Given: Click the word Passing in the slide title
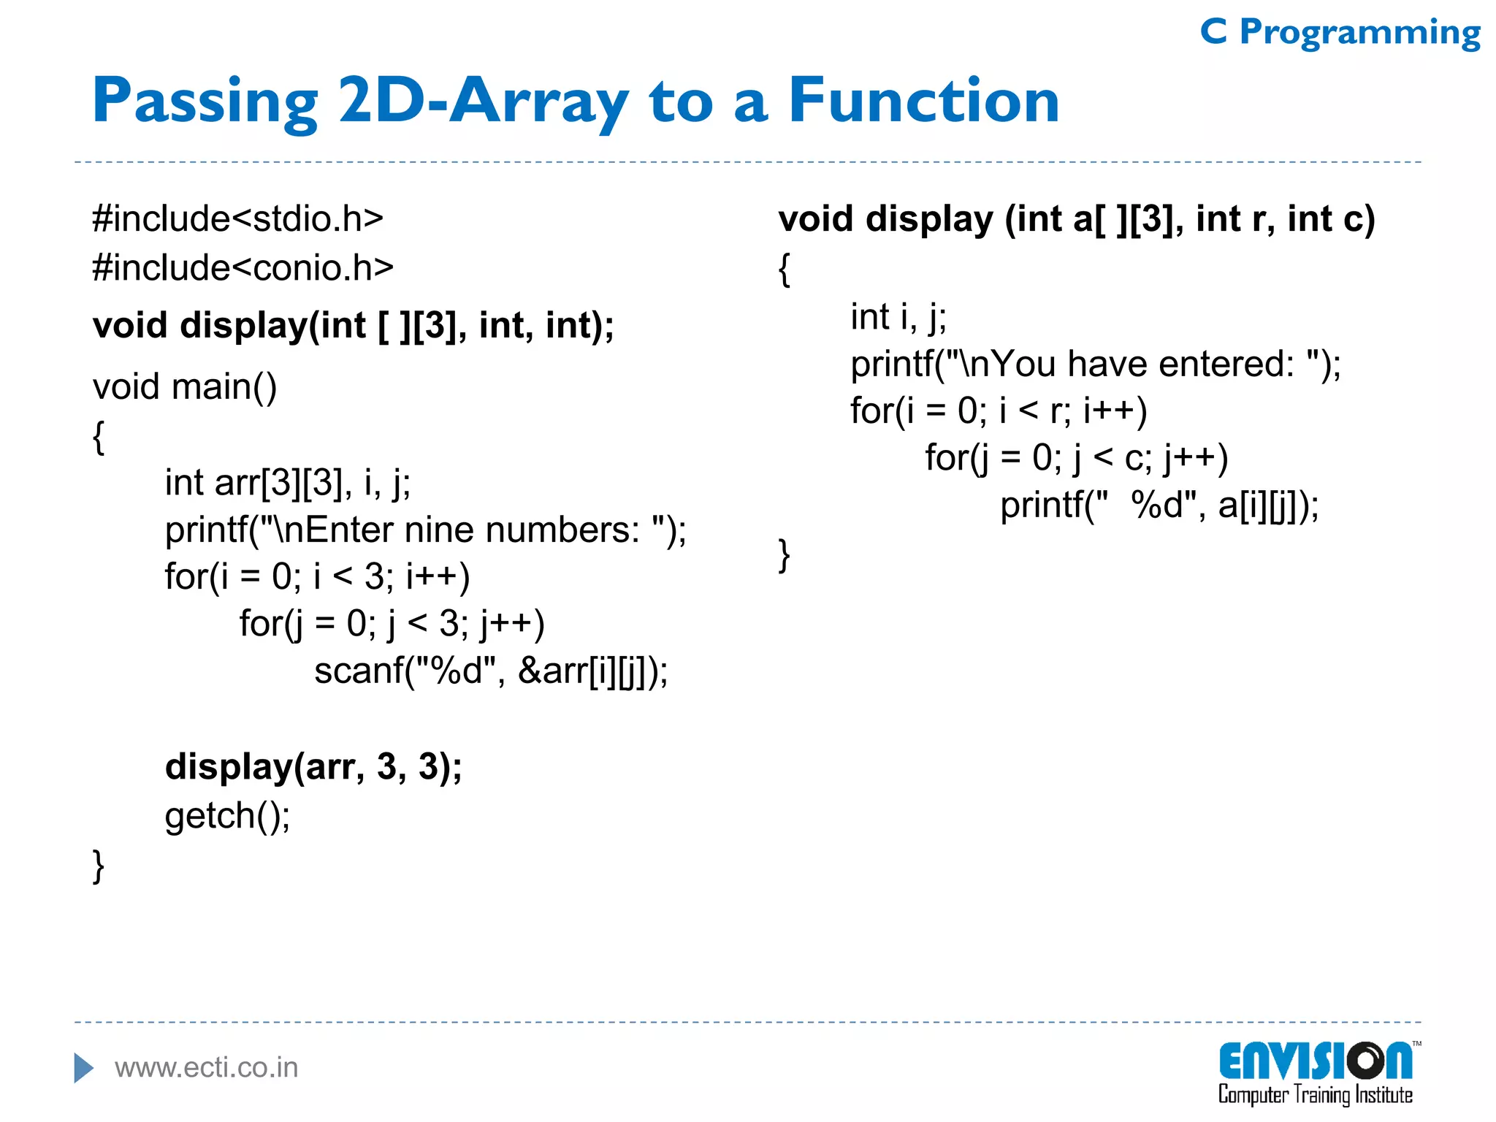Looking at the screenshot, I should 205,102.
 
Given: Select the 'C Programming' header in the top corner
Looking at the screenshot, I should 1340,34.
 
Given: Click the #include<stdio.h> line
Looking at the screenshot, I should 237,219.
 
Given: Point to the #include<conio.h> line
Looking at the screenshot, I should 243,268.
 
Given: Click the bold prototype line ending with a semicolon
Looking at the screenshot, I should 353,326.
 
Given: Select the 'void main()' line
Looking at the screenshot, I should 184,387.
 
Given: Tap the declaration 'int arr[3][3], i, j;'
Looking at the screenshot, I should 288,483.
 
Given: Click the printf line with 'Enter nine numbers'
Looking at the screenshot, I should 425,530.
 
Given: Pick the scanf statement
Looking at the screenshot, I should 491,671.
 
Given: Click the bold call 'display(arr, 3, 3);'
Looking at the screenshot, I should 313,767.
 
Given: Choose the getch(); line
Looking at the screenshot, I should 227,816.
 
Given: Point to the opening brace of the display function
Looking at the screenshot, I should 785,270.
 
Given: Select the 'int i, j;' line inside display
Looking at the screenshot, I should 898,318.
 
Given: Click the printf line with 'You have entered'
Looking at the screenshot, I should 1096,365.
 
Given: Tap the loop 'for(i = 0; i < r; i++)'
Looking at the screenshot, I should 999,411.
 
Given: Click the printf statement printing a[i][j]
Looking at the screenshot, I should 1159,505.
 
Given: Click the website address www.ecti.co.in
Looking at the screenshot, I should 207,1068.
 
